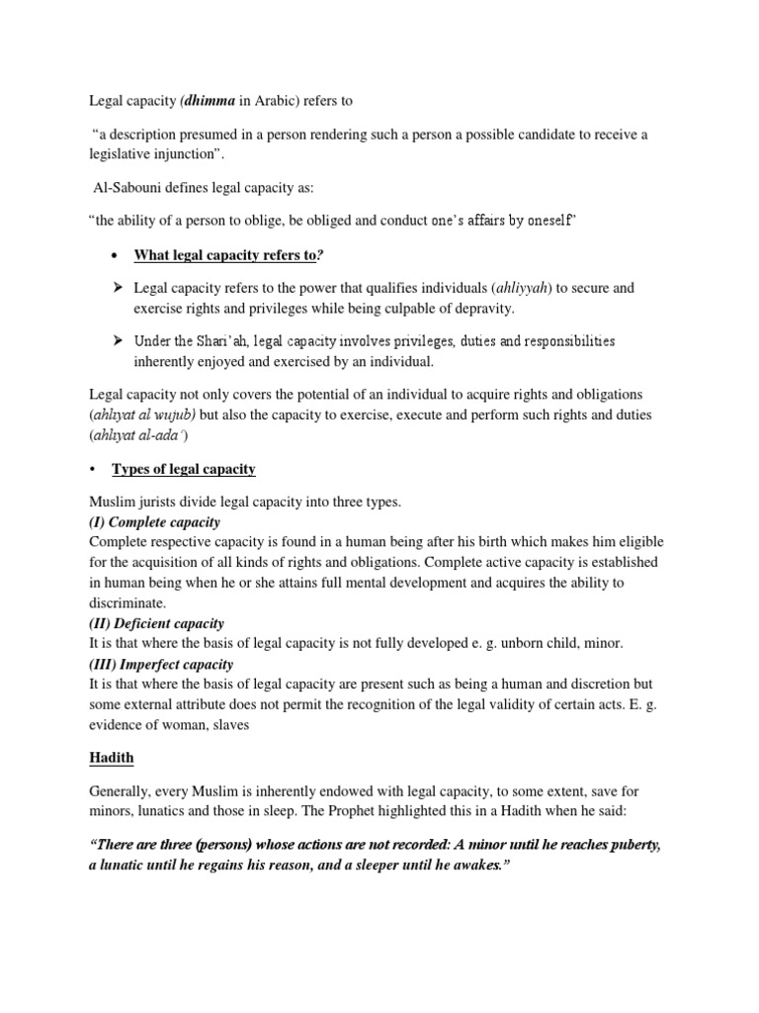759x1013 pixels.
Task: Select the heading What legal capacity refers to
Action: point(227,255)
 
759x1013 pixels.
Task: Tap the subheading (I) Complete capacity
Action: point(155,521)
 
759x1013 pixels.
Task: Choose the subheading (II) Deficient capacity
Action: point(157,623)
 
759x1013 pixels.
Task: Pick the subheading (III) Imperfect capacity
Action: point(161,664)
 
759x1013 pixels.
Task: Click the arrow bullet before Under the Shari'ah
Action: point(116,341)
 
